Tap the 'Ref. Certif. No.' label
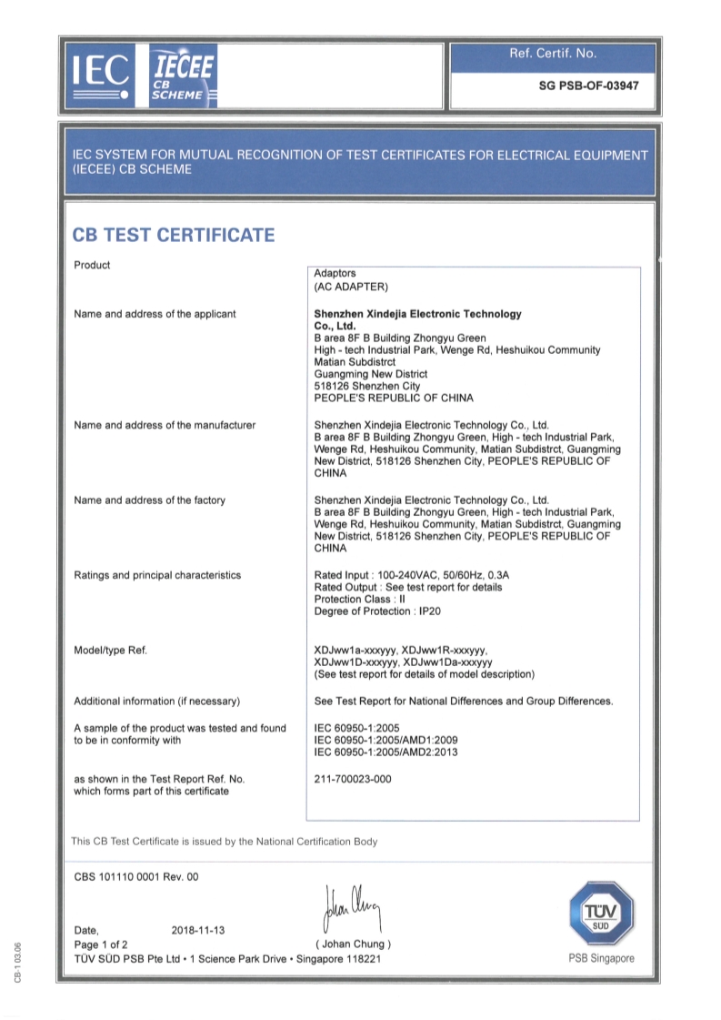point(553,54)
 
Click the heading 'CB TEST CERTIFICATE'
point(173,235)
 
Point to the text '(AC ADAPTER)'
point(351,288)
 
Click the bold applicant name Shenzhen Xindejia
point(417,314)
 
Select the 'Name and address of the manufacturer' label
point(164,425)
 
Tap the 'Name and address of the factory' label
point(149,500)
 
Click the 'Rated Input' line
point(417,575)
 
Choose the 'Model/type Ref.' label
point(110,651)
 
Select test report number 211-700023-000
point(352,780)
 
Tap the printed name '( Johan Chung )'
point(353,944)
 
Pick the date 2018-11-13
point(198,931)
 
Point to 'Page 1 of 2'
point(101,944)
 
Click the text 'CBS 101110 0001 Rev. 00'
point(135,877)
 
